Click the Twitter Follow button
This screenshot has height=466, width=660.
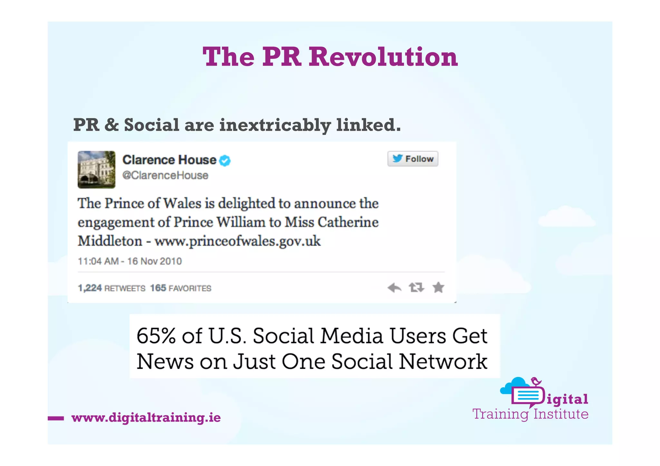click(x=412, y=159)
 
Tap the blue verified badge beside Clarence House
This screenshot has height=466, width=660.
click(x=225, y=160)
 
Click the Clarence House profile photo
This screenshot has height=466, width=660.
click(x=96, y=169)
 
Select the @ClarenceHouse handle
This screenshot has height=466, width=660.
click(x=165, y=176)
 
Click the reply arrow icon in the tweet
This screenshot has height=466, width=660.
click(x=394, y=287)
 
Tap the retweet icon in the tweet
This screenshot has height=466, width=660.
click(x=416, y=287)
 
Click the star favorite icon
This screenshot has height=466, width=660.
click(x=438, y=287)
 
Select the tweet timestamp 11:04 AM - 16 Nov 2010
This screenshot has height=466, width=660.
click(x=130, y=261)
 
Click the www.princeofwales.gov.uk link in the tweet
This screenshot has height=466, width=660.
click(x=238, y=241)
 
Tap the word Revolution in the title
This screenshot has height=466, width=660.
click(x=383, y=57)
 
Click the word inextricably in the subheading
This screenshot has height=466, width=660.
click(x=275, y=125)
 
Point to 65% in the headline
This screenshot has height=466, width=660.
click(x=156, y=336)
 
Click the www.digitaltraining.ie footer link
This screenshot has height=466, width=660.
click(x=146, y=418)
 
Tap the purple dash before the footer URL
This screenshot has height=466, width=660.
click(x=56, y=418)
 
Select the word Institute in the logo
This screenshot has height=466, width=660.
click(x=561, y=414)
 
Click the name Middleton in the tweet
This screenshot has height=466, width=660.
click(x=110, y=241)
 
